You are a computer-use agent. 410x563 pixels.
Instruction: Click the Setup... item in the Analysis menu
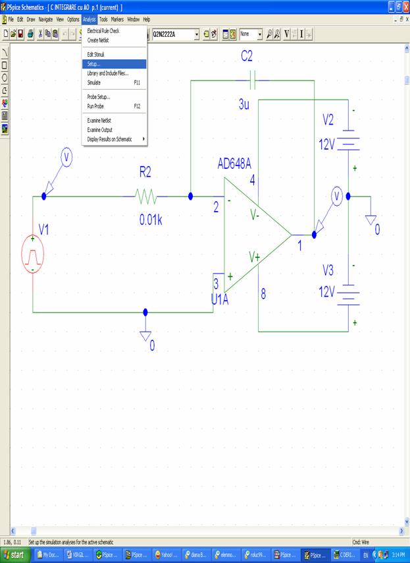[x=94, y=64]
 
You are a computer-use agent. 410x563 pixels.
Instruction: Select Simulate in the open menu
[x=94, y=82]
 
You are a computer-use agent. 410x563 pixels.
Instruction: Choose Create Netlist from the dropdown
[x=98, y=40]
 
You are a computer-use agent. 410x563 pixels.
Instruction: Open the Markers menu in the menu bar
[x=117, y=20]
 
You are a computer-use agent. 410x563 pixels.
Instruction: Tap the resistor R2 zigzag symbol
[x=145, y=196]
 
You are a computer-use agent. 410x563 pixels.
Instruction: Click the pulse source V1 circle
[x=32, y=253]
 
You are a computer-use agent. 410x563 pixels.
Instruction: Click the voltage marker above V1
[x=66, y=158]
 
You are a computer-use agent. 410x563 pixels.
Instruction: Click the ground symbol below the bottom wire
[x=146, y=334]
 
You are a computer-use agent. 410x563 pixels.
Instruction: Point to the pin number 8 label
[x=263, y=294]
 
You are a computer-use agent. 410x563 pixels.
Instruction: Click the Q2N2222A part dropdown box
[x=174, y=33]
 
